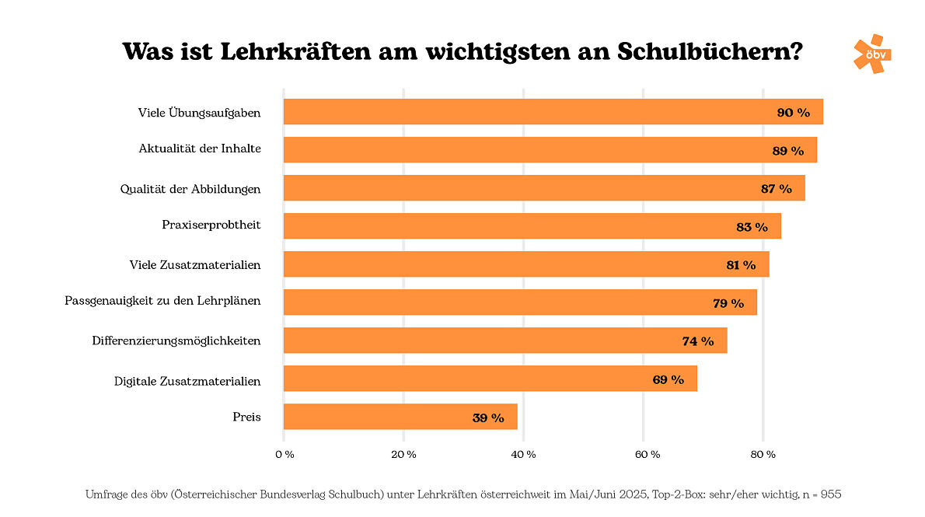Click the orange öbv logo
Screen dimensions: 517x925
[x=871, y=54]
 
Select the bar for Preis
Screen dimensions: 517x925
[x=400, y=417]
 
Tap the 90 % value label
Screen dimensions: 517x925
[x=793, y=113]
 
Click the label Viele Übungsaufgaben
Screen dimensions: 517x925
[x=199, y=113]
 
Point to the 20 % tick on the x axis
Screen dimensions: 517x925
[x=403, y=454]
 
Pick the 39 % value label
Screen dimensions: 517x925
[x=488, y=417]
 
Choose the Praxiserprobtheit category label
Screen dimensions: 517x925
[x=211, y=225]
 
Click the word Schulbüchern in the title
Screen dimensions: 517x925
[x=710, y=52]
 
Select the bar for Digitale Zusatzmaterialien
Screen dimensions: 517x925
[x=490, y=379]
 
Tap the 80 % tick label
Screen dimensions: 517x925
[x=763, y=454]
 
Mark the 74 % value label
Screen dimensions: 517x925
[x=698, y=341]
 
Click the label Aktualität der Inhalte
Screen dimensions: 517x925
[x=200, y=149]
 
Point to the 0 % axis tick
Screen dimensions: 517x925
[x=284, y=454]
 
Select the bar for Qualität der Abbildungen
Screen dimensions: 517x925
[x=544, y=188]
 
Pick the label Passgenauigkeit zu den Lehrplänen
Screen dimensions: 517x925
[x=162, y=301]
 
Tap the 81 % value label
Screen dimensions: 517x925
[x=741, y=265]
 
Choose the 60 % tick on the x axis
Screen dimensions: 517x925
[x=643, y=454]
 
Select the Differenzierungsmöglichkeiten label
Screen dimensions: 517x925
[x=176, y=341]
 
